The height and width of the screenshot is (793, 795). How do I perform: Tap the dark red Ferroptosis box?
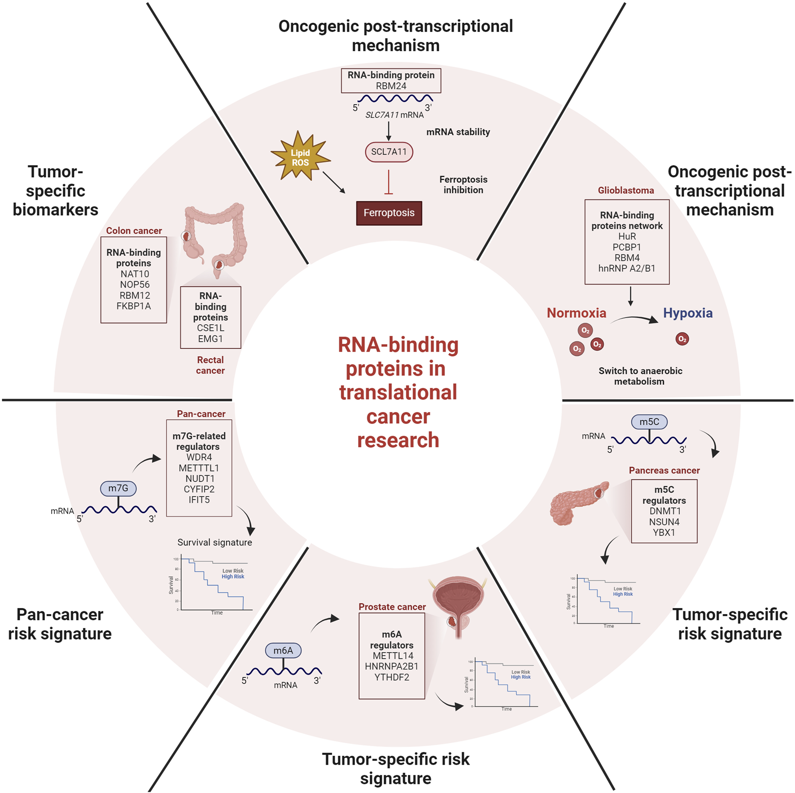point(389,213)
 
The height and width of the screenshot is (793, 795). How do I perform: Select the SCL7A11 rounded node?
point(389,152)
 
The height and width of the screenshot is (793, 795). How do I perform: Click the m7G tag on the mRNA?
point(118,488)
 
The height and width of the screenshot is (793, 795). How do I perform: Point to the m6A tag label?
point(283,650)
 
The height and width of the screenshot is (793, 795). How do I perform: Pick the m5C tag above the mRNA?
point(649,422)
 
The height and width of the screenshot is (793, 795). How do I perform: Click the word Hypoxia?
point(687,313)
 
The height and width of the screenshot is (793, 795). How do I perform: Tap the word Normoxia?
point(576,313)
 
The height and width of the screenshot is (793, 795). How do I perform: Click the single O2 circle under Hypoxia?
point(682,339)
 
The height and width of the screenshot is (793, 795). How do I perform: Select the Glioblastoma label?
point(625,191)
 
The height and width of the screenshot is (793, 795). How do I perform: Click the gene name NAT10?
point(134,274)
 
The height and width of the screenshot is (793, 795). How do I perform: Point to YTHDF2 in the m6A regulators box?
point(392,677)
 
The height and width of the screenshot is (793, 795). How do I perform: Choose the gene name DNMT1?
point(665,511)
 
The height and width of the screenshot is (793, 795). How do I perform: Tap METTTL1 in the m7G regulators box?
point(199,468)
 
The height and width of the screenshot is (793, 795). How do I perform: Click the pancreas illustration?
point(577,503)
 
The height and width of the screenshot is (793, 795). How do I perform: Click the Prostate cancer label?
point(392,607)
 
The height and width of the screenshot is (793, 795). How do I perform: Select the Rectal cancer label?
point(210,365)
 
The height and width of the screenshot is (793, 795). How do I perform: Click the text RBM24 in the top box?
point(391,86)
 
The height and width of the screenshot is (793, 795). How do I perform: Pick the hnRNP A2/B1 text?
point(627,269)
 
